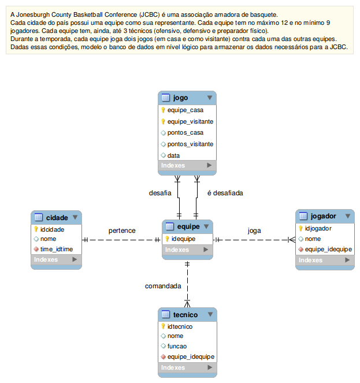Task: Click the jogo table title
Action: [181, 98]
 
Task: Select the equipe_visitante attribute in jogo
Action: [190, 121]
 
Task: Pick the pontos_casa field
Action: [185, 133]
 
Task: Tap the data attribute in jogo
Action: [173, 155]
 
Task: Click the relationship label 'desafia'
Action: [160, 193]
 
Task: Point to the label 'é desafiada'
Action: [225, 193]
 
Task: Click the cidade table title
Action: [57, 218]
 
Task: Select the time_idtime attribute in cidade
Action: [57, 249]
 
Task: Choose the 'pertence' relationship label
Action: [122, 230]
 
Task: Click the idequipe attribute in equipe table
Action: [183, 239]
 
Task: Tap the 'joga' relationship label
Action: [254, 230]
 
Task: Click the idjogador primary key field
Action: [318, 228]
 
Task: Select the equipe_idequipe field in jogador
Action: [328, 249]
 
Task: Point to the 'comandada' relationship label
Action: [163, 286]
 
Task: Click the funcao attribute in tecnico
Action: [177, 346]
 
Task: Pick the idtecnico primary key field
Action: [180, 326]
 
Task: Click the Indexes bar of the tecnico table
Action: [187, 367]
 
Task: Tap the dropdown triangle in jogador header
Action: [348, 216]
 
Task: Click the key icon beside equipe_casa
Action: [163, 110]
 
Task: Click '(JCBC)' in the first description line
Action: [149, 14]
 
